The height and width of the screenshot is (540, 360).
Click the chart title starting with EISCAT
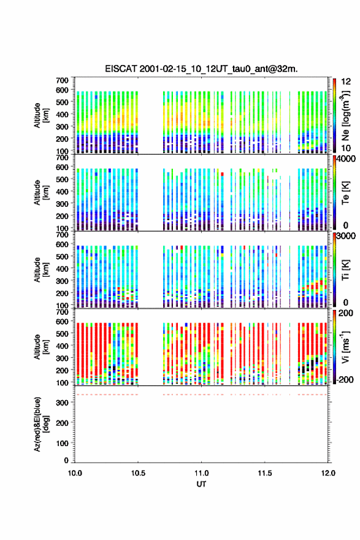coord(201,69)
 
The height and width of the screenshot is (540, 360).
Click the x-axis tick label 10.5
coord(138,473)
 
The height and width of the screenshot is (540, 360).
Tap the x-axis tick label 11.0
coord(201,473)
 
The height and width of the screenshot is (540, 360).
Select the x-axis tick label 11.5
coord(265,473)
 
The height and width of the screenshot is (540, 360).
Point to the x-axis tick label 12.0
coord(328,473)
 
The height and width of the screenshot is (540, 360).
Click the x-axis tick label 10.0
coord(75,473)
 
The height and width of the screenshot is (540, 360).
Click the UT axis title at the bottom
coord(201,484)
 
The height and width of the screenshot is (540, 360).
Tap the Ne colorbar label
coord(345,116)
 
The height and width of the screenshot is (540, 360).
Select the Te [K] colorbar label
coord(345,193)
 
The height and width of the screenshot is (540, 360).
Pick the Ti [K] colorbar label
coord(345,270)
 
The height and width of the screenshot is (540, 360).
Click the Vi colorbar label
coord(345,347)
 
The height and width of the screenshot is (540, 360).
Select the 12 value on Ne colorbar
coord(346,82)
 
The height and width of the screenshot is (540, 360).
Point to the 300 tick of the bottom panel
coord(63,403)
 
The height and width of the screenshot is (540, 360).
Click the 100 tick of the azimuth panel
coord(63,443)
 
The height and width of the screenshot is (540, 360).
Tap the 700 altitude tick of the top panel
coord(63,80)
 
